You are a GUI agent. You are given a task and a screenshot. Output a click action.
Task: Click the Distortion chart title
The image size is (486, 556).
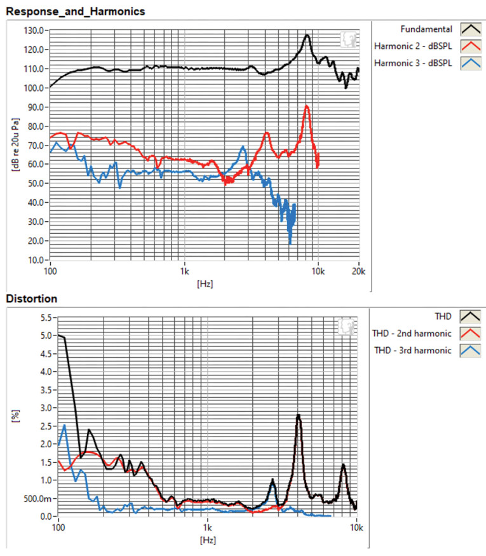(x=32, y=298)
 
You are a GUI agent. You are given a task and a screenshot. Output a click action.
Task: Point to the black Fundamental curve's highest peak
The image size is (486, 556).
(x=307, y=36)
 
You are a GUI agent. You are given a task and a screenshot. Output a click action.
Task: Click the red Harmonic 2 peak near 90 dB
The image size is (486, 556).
(x=306, y=107)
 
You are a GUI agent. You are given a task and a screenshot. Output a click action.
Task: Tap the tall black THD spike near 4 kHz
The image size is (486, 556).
(x=298, y=416)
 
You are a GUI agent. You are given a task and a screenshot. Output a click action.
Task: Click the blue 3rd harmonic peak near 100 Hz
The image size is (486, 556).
(x=64, y=426)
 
